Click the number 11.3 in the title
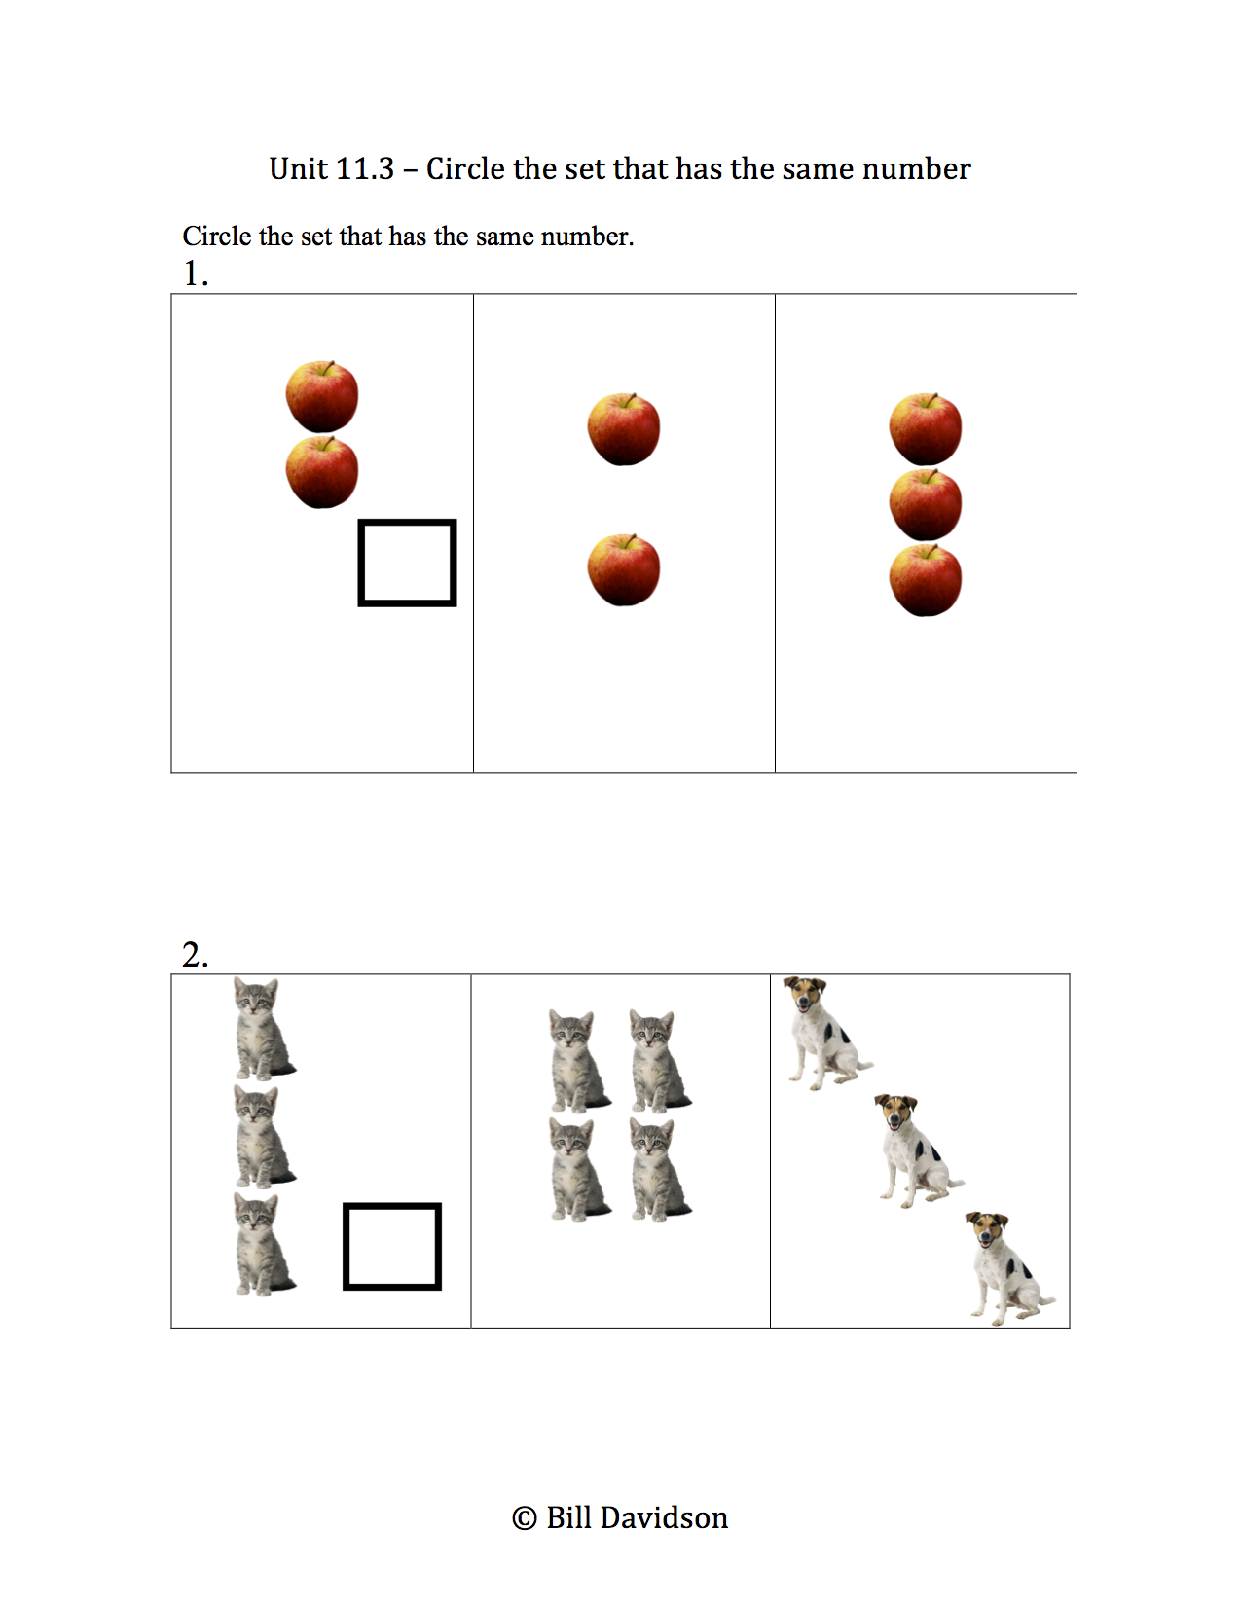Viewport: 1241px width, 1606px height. pyautogui.click(x=364, y=169)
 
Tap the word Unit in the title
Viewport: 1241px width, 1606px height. pyautogui.click(x=298, y=169)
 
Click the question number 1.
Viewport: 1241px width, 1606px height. pyautogui.click(x=193, y=274)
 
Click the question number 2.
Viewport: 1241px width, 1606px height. pyautogui.click(x=193, y=955)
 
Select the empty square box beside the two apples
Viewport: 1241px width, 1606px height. pyautogui.click(x=407, y=563)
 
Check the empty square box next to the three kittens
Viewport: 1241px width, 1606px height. pyautogui.click(x=392, y=1247)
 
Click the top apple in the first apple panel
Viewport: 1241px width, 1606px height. pyautogui.click(x=322, y=397)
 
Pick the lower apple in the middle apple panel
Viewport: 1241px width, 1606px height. pyautogui.click(x=624, y=570)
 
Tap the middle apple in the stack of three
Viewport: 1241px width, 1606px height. pyautogui.click(x=926, y=505)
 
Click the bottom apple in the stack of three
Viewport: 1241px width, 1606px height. pyautogui.click(x=926, y=581)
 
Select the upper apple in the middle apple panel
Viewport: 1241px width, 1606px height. pyautogui.click(x=624, y=429)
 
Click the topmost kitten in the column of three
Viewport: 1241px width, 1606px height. pyautogui.click(x=261, y=1030)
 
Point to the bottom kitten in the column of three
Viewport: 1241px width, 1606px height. pyautogui.click(x=261, y=1246)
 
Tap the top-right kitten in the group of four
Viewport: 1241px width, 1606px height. pyautogui.click(x=658, y=1062)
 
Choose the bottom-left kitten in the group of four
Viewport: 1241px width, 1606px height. pyautogui.click(x=577, y=1170)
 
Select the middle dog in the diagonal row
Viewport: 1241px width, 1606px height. pyautogui.click(x=915, y=1150)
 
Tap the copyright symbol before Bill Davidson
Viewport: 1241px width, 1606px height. pyautogui.click(x=524, y=1518)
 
